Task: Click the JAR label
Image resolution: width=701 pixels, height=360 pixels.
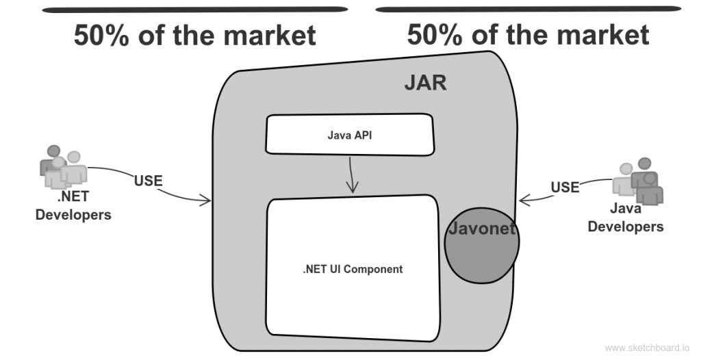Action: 425,83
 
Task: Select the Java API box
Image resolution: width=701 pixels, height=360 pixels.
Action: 350,135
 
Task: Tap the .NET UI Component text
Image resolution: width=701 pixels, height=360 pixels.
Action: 353,269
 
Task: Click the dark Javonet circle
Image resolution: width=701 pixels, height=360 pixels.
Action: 482,246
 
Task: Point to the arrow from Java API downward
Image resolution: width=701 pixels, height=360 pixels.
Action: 352,175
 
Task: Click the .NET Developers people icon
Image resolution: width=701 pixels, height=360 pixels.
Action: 63,166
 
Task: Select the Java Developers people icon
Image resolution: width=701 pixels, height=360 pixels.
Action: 638,181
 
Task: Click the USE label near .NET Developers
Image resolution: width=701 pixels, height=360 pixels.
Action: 149,181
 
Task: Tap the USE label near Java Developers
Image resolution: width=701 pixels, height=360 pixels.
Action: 565,187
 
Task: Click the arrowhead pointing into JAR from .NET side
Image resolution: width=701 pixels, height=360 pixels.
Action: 207,201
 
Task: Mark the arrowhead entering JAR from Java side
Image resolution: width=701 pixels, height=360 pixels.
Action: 524,200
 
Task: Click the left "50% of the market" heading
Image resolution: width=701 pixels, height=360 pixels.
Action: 195,36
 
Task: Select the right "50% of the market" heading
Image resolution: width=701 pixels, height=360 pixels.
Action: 528,34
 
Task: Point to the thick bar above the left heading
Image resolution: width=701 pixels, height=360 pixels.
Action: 195,10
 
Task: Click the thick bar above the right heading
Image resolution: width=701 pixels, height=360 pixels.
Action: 528,9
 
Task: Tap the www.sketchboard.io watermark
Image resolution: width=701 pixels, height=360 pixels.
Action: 647,348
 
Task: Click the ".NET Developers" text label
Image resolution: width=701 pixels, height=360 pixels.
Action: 73,205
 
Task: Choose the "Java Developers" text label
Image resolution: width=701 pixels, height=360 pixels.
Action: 626,218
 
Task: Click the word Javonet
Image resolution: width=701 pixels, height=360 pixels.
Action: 481,229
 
